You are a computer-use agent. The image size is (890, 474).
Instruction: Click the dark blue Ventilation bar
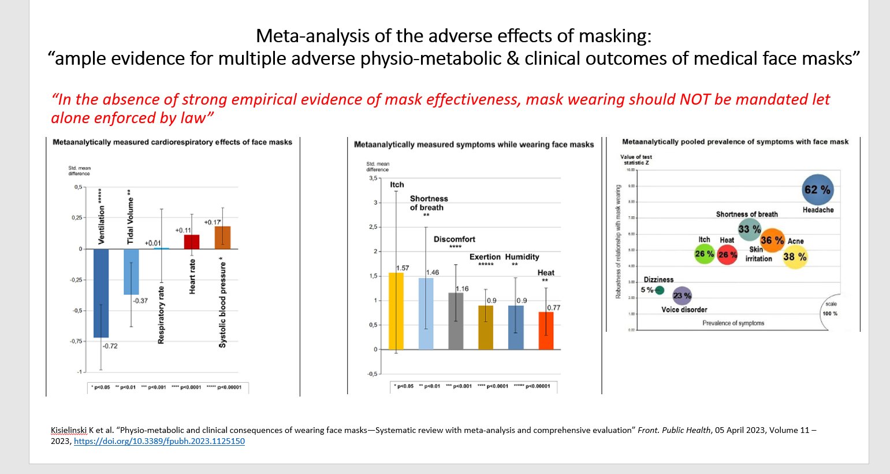click(x=101, y=292)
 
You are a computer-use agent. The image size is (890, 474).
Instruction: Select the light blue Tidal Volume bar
click(x=131, y=272)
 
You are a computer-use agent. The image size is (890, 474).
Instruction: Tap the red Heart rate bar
click(x=192, y=242)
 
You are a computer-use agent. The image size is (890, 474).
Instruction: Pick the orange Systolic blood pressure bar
click(x=222, y=238)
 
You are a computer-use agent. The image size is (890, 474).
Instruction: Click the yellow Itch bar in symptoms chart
click(x=396, y=311)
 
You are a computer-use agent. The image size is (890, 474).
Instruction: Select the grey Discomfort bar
click(x=456, y=321)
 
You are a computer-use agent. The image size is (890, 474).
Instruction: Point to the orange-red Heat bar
click(x=546, y=330)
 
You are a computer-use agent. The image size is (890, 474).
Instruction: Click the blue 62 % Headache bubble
click(x=818, y=190)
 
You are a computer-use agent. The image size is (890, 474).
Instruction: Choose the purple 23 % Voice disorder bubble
click(x=682, y=295)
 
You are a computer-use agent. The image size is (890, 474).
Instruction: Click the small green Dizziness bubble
click(x=660, y=290)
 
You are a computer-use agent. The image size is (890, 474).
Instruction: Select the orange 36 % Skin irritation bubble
click(x=772, y=240)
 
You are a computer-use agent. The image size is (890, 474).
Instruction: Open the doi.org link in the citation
click(x=159, y=441)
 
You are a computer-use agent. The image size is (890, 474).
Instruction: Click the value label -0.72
click(x=110, y=346)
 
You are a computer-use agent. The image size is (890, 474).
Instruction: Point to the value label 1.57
click(x=403, y=268)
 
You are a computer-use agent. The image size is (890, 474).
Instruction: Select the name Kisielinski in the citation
click(x=69, y=430)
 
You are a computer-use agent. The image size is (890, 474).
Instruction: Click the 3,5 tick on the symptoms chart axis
click(x=373, y=178)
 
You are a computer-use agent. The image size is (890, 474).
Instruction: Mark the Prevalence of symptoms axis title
click(x=733, y=323)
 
